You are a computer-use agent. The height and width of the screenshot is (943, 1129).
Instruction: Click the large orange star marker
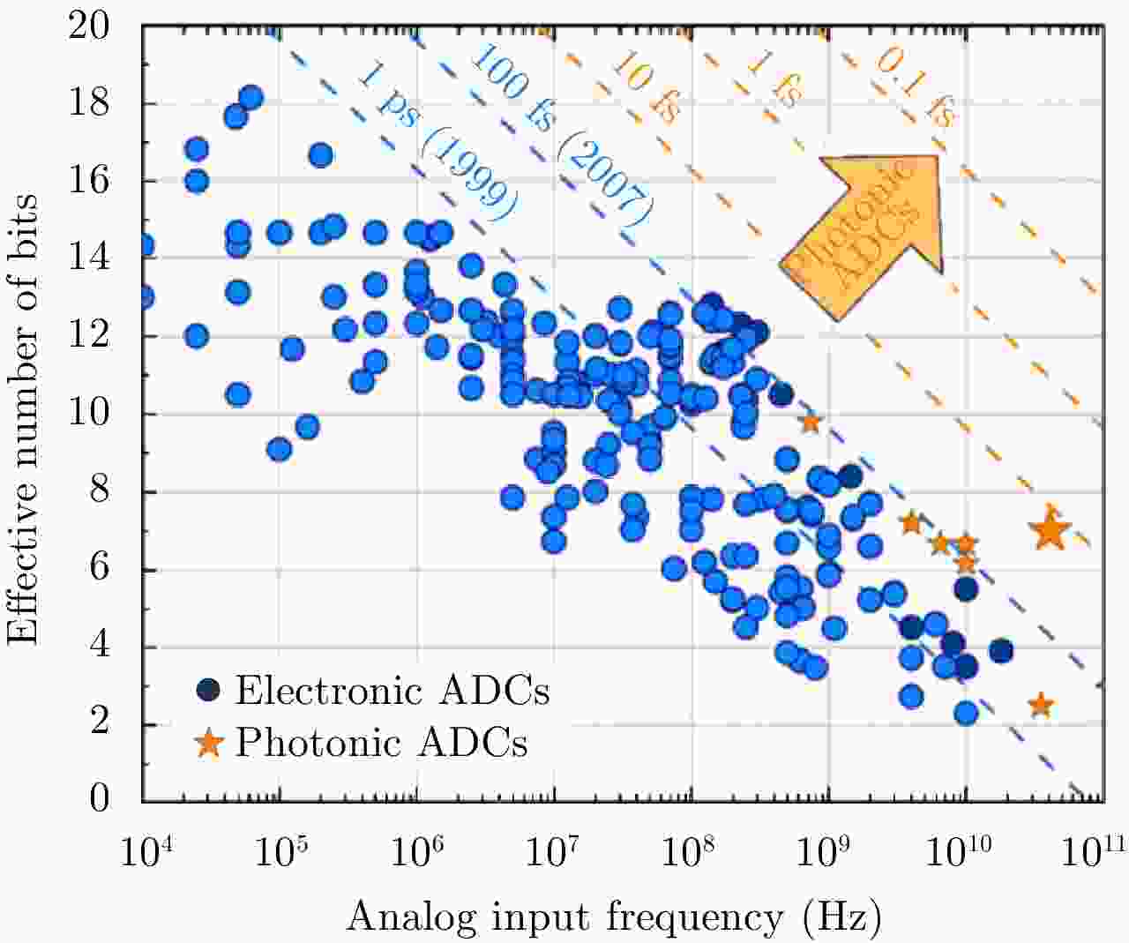1050,530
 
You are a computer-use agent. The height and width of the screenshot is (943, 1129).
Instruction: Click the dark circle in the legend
209,690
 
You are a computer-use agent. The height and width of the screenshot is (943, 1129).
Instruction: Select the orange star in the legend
209,743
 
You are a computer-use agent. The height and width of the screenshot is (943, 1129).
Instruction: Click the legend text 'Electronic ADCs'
393,690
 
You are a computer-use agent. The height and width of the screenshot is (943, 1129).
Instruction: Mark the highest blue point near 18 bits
250,98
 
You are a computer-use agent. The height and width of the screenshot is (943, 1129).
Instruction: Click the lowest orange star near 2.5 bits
1042,705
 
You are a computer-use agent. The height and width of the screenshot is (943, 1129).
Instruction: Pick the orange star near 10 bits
811,423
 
